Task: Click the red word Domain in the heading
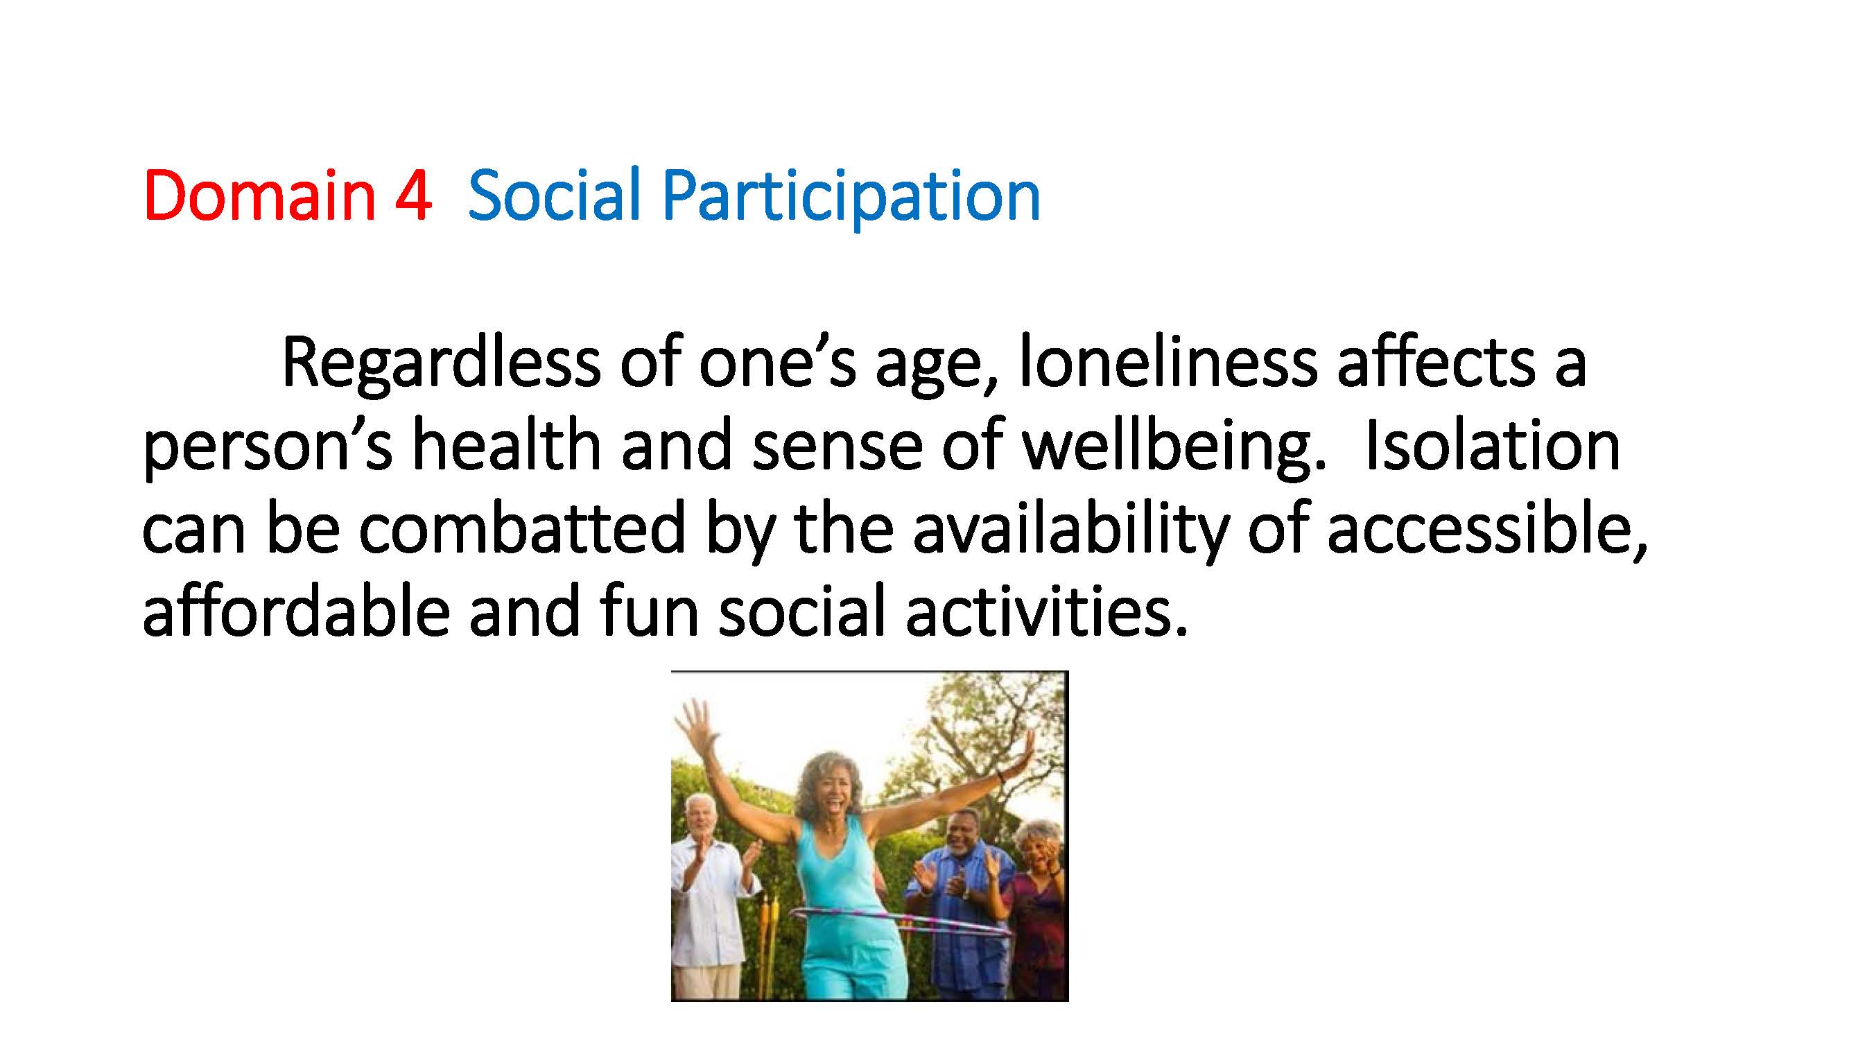click(259, 195)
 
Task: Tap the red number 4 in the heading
click(413, 196)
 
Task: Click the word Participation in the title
click(851, 199)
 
